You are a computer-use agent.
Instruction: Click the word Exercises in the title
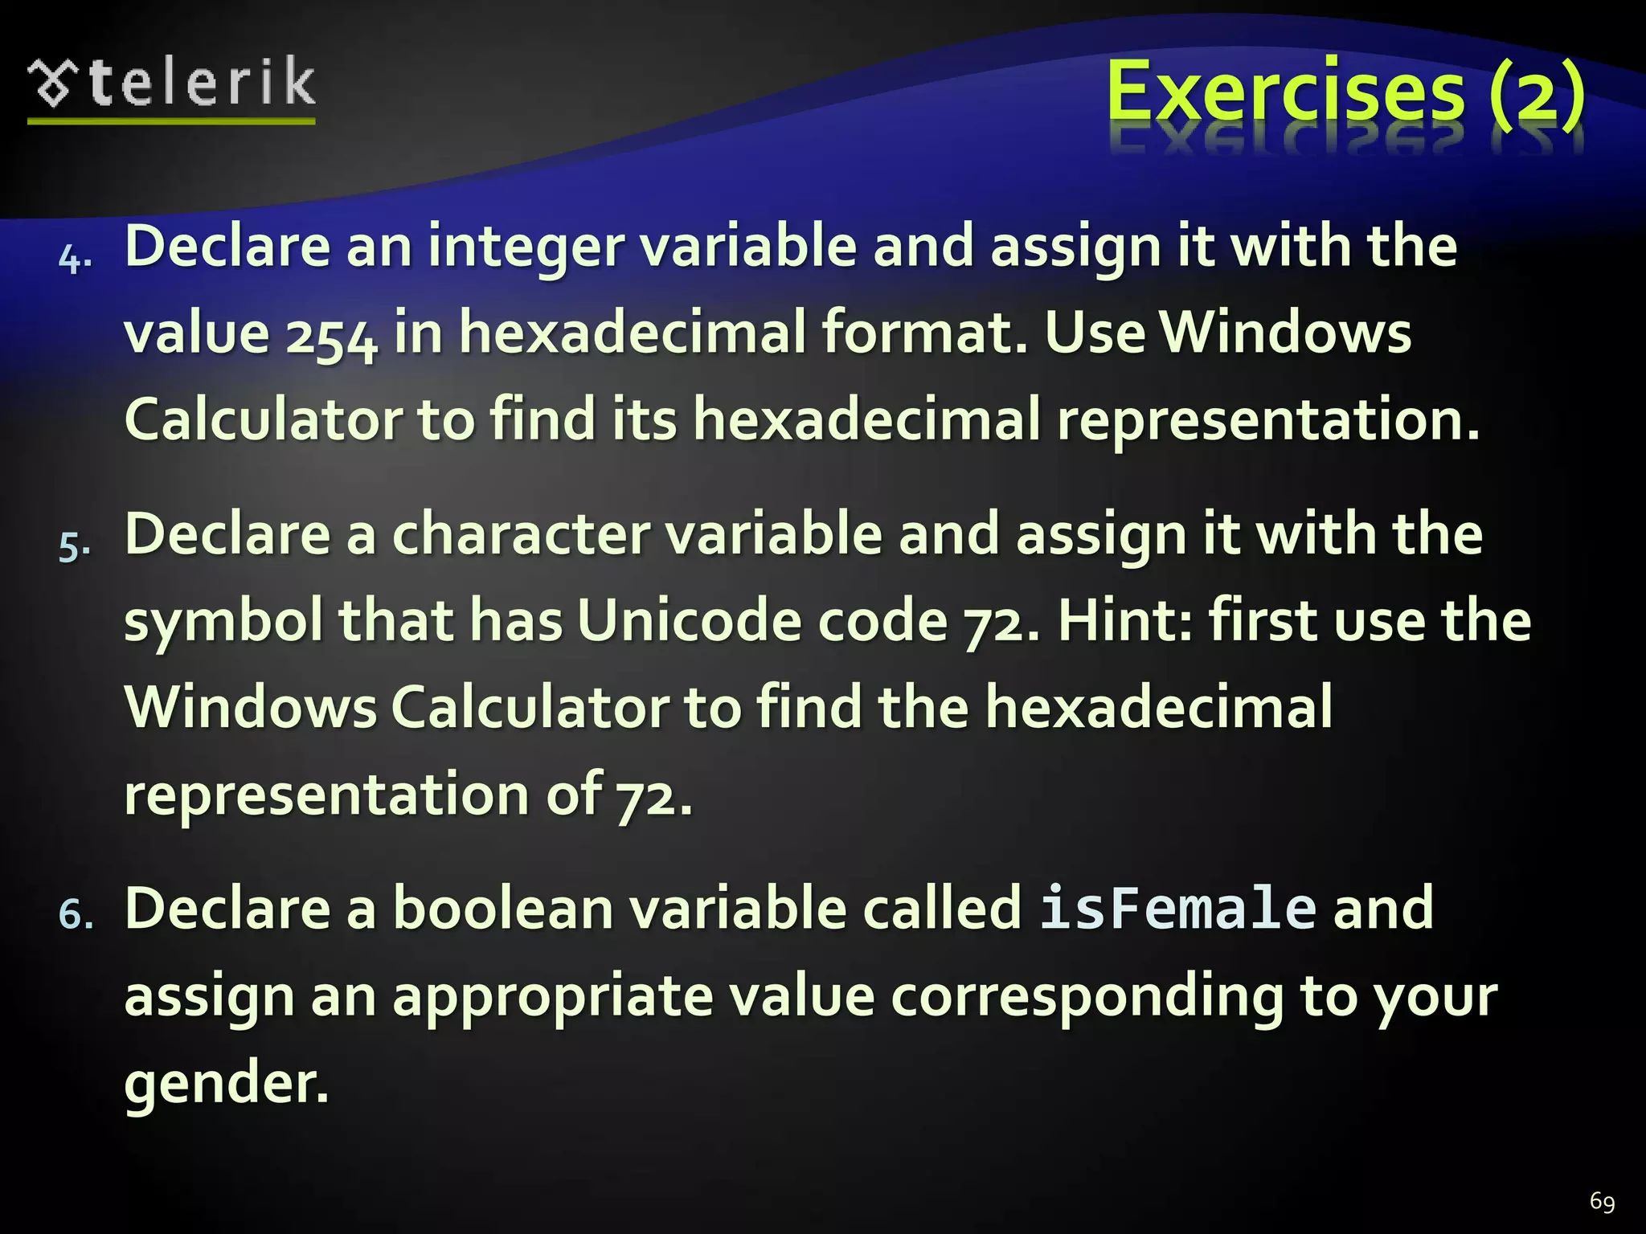coord(1285,92)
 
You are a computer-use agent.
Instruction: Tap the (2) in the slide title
coord(1536,93)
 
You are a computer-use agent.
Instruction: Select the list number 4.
coord(75,259)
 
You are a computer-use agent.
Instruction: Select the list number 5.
coord(74,547)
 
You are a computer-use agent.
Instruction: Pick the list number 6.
coord(76,916)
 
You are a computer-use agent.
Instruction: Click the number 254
coord(332,336)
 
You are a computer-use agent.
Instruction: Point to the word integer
coord(526,247)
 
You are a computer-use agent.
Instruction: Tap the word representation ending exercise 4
coord(1267,419)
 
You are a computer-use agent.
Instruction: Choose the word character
coord(521,535)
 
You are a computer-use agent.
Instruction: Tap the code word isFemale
coord(1177,909)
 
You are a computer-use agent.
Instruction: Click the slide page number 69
coord(1602,1202)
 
